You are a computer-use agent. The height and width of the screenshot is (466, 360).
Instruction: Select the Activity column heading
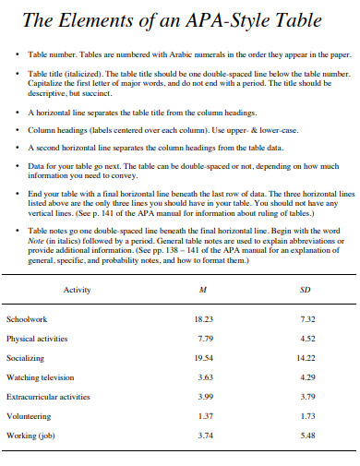(x=77, y=291)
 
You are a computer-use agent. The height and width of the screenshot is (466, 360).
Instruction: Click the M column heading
(x=203, y=291)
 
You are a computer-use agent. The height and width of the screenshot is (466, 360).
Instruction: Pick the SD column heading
(x=306, y=291)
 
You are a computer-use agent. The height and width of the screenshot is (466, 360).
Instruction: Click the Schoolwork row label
(x=27, y=319)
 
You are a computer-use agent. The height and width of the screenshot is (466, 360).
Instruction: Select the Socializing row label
(x=26, y=358)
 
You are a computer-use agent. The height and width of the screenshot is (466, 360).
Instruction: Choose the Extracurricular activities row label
(x=48, y=397)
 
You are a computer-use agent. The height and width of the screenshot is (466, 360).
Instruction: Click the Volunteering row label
(x=29, y=416)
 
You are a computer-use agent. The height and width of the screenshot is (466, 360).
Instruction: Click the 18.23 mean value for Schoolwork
(x=204, y=319)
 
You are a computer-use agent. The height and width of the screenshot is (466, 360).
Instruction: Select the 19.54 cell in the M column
(x=204, y=358)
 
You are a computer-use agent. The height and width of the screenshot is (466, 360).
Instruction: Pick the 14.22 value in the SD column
(x=306, y=358)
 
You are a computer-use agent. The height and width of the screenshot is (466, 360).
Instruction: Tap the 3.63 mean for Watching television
(x=206, y=377)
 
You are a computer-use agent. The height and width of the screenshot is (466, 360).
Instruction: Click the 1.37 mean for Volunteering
(x=206, y=416)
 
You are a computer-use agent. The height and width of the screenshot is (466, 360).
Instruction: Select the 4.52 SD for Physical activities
(x=308, y=339)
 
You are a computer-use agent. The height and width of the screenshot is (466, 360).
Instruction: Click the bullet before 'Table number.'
(x=18, y=56)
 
